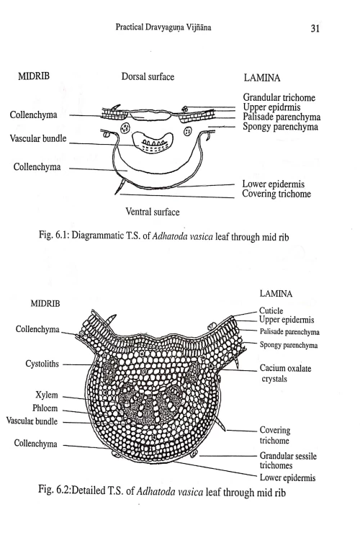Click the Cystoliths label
[x=37, y=364]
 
